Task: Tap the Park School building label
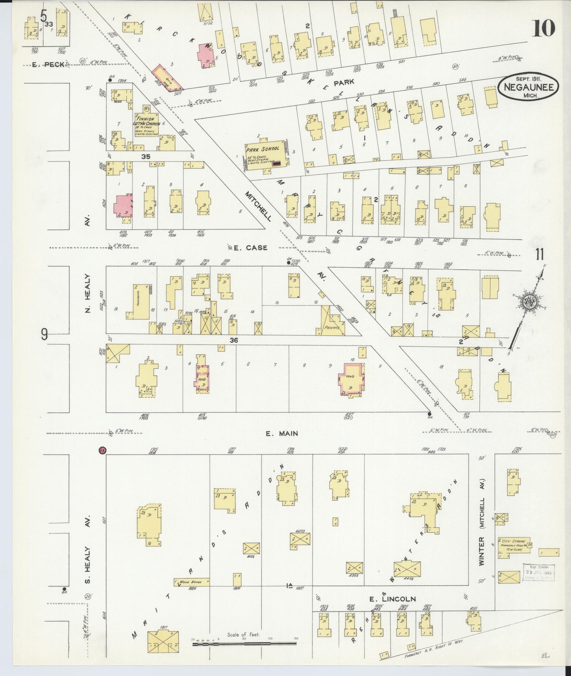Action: click(x=262, y=149)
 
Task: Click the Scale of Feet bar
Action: click(x=244, y=644)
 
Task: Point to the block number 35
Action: click(x=146, y=157)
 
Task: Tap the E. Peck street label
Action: click(x=48, y=64)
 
